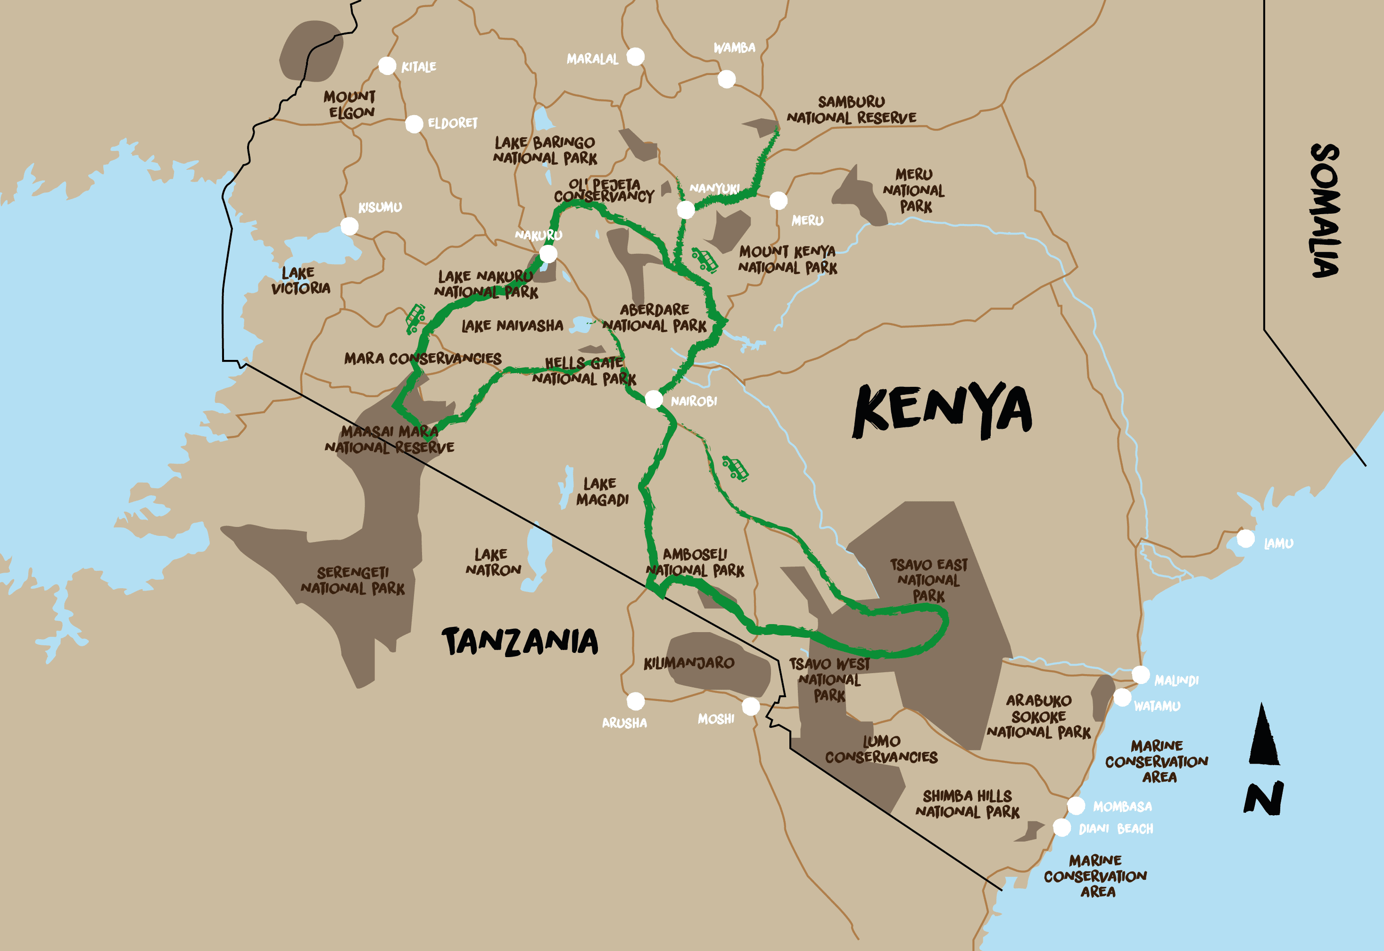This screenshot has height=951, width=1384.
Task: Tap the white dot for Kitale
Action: pyautogui.click(x=387, y=66)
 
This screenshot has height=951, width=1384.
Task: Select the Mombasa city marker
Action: pyautogui.click(x=1076, y=806)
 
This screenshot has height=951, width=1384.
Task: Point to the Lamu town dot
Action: pyautogui.click(x=1245, y=539)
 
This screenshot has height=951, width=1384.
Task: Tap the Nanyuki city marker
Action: pyautogui.click(x=686, y=210)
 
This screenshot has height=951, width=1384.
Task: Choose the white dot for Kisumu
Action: pyautogui.click(x=349, y=226)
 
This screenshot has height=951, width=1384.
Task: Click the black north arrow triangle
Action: pyautogui.click(x=1263, y=736)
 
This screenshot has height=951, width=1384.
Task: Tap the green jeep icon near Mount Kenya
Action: pyautogui.click(x=704, y=260)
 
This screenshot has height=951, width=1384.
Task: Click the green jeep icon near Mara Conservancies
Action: pyautogui.click(x=415, y=319)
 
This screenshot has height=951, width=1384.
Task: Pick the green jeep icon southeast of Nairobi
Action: pyautogui.click(x=735, y=468)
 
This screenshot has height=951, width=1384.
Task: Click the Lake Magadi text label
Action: pyautogui.click(x=602, y=492)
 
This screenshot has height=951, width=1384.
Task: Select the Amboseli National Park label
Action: pyautogui.click(x=695, y=562)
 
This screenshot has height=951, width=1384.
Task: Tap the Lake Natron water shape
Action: pyautogui.click(x=538, y=557)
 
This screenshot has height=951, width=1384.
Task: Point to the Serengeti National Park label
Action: pyautogui.click(x=353, y=580)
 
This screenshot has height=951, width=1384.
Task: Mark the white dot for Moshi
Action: pyautogui.click(x=750, y=707)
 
